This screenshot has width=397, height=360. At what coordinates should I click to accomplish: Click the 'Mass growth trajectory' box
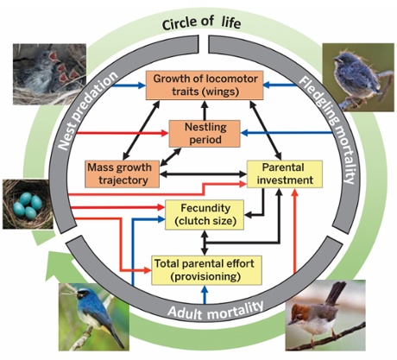coord(123,174)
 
